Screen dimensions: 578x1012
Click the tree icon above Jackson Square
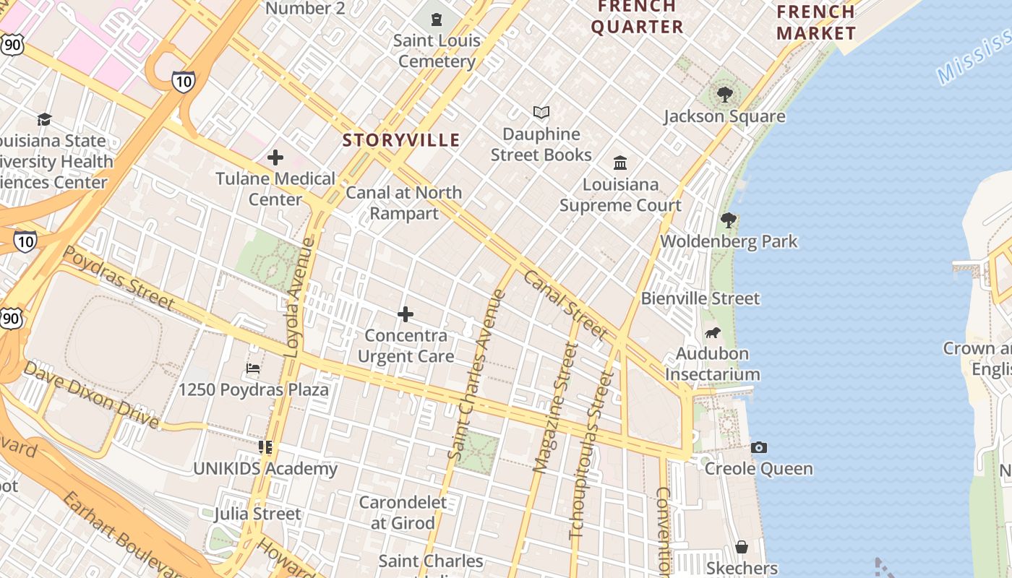pos(724,95)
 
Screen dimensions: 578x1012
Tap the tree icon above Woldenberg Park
pos(729,220)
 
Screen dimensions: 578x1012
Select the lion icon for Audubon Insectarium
pos(712,332)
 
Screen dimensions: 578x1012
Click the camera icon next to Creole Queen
pos(758,447)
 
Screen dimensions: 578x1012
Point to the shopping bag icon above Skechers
pos(741,547)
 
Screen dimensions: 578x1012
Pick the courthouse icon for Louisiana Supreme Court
pos(620,163)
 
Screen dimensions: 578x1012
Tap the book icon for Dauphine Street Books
pos(541,113)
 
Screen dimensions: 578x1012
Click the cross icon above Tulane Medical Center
pos(275,157)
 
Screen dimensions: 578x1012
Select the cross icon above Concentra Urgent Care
pos(406,314)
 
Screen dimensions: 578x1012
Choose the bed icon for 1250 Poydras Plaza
pos(253,368)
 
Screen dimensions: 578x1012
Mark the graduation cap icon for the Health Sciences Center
pos(45,119)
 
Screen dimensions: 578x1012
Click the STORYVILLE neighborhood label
pos(401,140)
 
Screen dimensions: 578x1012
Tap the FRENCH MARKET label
pos(816,22)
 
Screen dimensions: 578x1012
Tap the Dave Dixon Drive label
pos(90,394)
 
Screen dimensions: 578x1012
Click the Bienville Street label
pos(700,298)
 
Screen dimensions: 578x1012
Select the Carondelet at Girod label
pos(403,512)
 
